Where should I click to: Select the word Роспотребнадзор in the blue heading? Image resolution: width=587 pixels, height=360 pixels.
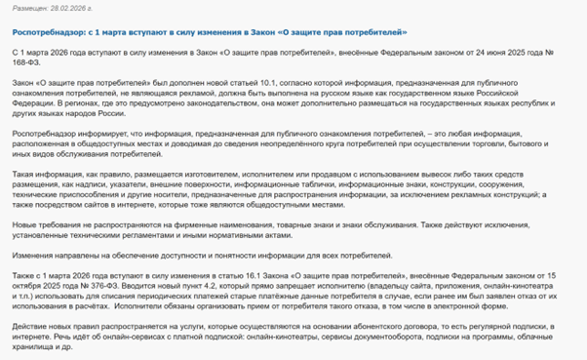(x=41, y=32)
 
